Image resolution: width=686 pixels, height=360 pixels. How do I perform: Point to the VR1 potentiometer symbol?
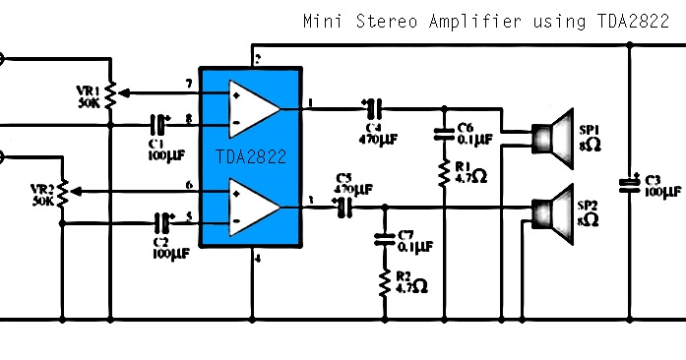pyautogui.click(x=110, y=93)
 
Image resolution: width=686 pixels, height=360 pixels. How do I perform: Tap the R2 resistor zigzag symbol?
pyautogui.click(x=385, y=283)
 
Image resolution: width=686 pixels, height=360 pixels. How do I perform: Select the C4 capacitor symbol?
pyautogui.click(x=370, y=106)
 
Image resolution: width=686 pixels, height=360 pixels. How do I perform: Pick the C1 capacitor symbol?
pyautogui.click(x=156, y=124)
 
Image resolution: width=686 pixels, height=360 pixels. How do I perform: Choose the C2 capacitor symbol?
pyautogui.click(x=161, y=223)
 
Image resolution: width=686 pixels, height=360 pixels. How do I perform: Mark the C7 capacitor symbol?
pyautogui.click(x=385, y=238)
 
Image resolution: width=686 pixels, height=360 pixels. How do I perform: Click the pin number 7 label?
pyautogui.click(x=188, y=84)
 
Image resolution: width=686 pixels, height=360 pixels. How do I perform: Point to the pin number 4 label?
pyautogui.click(x=258, y=259)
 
